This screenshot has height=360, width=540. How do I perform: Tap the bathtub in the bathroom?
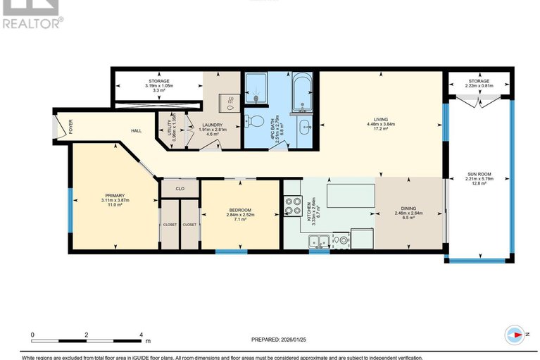(303, 92)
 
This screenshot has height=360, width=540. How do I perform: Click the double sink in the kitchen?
(318, 242)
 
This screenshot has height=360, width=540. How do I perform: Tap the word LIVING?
(382, 119)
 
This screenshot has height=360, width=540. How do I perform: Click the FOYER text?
(70, 128)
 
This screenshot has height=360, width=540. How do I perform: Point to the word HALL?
(137, 130)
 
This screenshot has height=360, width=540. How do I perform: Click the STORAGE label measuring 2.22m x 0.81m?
(479, 81)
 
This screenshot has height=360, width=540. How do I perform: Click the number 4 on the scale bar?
(142, 335)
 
